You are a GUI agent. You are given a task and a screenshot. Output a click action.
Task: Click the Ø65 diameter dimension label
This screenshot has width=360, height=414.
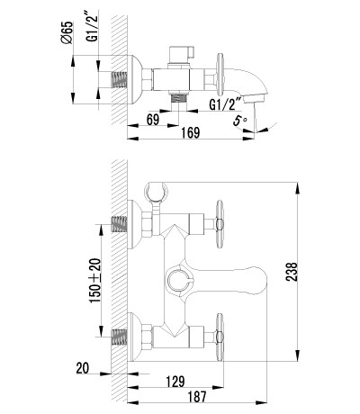pyautogui.click(x=67, y=32)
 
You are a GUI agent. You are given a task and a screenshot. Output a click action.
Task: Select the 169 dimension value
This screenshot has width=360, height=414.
pyautogui.click(x=191, y=132)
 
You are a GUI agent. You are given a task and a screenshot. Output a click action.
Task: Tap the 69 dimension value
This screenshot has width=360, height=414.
pyautogui.click(x=153, y=120)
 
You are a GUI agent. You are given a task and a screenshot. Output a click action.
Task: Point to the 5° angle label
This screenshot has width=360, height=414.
pyautogui.click(x=240, y=121)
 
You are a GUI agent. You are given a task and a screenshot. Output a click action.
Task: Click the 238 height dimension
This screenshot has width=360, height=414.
pyautogui.click(x=292, y=272)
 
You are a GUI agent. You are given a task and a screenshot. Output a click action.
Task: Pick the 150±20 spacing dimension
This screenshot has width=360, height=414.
pyautogui.click(x=95, y=281)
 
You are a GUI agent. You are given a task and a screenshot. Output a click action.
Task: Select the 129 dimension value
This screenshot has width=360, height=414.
pyautogui.click(x=175, y=382)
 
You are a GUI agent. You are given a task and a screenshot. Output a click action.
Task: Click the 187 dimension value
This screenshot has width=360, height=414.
pyautogui.click(x=197, y=397)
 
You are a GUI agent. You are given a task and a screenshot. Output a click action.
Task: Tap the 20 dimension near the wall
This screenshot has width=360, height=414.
pyautogui.click(x=83, y=368)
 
